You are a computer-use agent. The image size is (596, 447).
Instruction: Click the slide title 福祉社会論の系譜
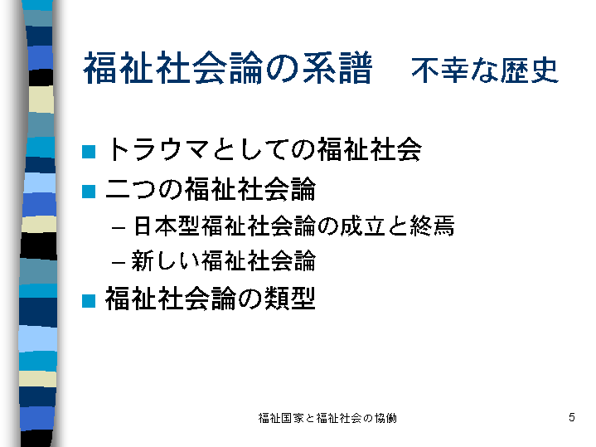(227, 68)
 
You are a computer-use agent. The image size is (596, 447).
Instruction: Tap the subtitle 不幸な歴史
(485, 70)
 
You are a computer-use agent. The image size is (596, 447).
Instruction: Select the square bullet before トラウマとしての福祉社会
(89, 152)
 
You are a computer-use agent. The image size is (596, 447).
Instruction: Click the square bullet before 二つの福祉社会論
(89, 192)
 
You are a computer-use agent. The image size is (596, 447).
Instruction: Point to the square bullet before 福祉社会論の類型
(89, 300)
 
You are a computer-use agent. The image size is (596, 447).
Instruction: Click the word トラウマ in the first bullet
(157, 149)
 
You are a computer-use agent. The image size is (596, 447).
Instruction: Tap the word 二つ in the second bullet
(131, 189)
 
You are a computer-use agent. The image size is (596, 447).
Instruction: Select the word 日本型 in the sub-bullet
(167, 226)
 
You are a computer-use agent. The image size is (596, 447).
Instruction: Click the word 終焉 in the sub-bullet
(432, 226)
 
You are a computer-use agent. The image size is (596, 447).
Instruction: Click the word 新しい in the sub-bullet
(165, 260)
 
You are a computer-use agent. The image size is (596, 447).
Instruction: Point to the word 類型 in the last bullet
(289, 299)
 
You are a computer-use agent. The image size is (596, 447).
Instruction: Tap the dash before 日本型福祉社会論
(119, 228)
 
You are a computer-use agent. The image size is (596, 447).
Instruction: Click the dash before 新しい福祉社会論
(119, 263)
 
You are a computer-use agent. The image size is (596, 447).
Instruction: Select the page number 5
(572, 417)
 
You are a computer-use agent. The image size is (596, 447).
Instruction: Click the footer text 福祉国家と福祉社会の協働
(327, 418)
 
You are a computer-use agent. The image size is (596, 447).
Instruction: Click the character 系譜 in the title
(337, 68)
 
